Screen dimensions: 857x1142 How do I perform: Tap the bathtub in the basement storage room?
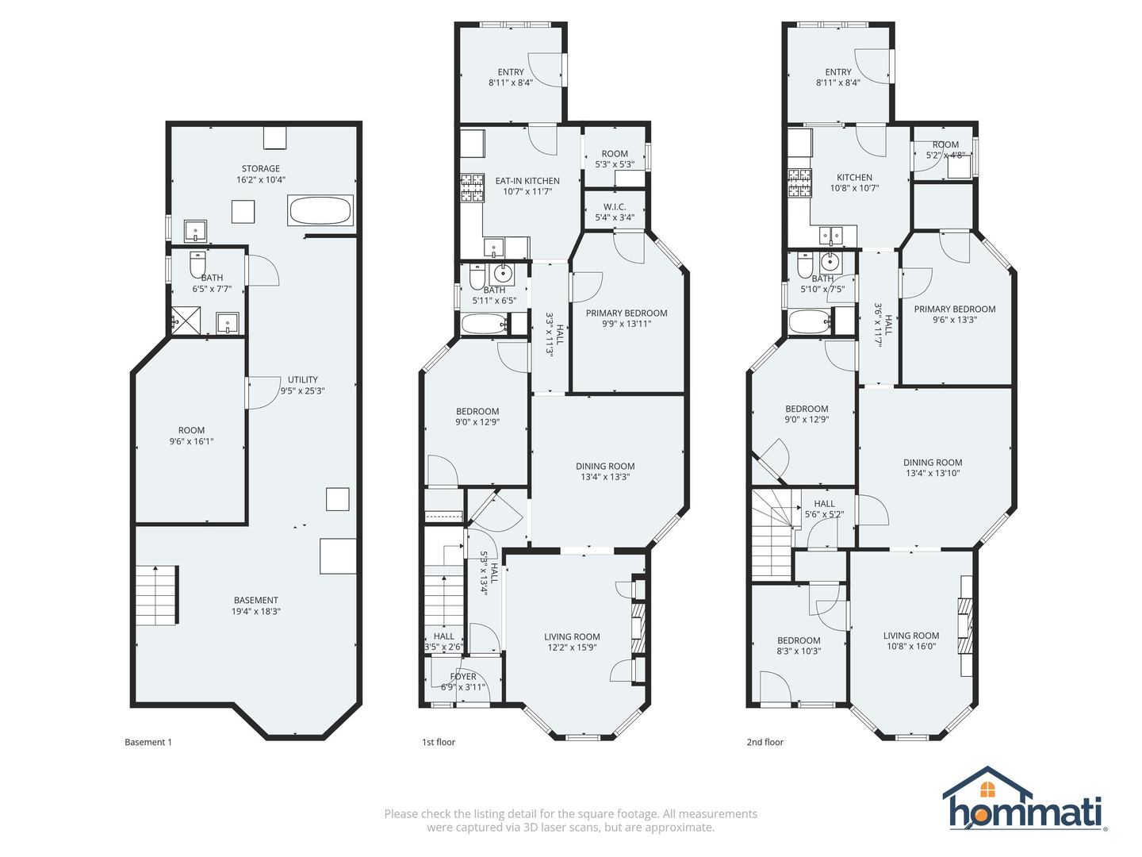320,211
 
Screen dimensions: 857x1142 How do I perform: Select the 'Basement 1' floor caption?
148,743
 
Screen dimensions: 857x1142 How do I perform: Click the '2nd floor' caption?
765,743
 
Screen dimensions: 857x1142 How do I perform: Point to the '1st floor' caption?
439,743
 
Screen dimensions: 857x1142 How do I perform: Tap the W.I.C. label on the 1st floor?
615,207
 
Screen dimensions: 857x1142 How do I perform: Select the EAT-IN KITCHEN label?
527,181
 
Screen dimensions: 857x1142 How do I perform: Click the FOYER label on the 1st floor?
463,677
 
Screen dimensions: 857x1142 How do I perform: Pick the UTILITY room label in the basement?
302,380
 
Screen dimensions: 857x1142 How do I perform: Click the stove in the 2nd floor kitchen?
799,183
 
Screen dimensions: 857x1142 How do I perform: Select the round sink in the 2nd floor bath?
830,262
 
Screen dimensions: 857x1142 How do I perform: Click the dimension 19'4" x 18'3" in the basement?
256,612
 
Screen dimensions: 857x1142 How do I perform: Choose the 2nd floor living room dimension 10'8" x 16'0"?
911,647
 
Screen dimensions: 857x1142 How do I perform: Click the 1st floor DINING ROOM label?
605,467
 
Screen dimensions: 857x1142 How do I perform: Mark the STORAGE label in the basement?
261,169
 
